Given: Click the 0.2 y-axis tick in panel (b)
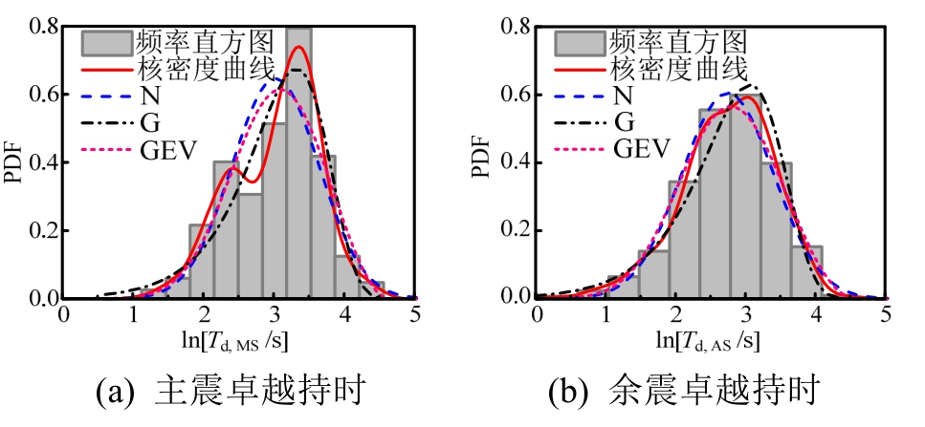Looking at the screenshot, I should tap(515, 230).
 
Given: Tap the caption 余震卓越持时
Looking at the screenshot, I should tap(734, 391).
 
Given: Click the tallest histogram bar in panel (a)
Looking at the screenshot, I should tap(298, 162).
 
